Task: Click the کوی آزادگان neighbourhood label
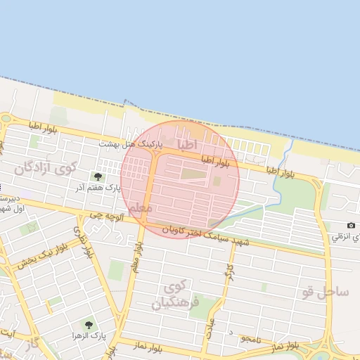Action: pyautogui.click(x=44, y=168)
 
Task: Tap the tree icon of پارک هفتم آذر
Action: pyautogui.click(x=97, y=176)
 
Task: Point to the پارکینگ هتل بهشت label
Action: pyautogui.click(x=130, y=143)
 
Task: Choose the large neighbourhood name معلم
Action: pyautogui.click(x=141, y=209)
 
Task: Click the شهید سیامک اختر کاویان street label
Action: pyautogui.click(x=204, y=236)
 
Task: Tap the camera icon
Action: pyautogui.click(x=351, y=225)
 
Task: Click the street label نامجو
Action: pyautogui.click(x=250, y=339)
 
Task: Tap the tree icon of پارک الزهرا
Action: pyautogui.click(x=88, y=325)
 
